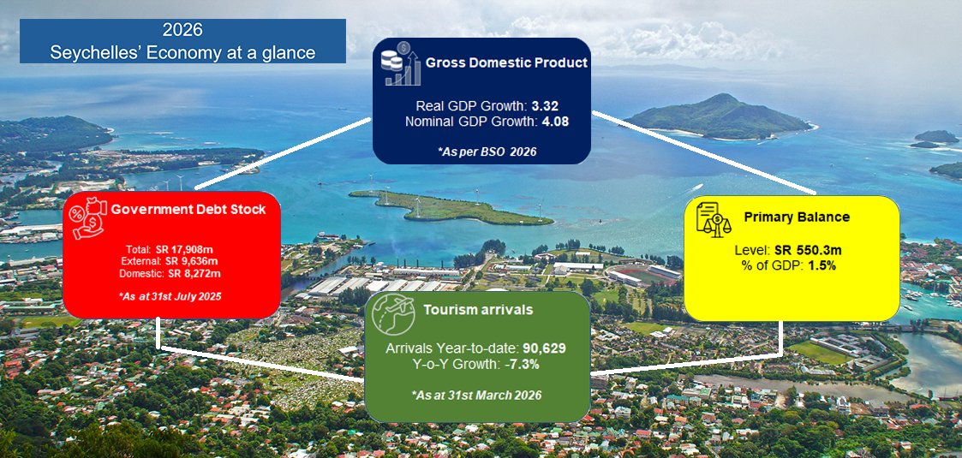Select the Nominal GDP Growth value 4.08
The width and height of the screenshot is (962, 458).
[555, 121]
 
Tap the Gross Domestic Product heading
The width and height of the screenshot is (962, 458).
[507, 62]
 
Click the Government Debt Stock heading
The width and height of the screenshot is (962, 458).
[188, 210]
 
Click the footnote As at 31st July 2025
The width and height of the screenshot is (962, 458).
[170, 296]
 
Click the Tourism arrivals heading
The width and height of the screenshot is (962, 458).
[478, 310]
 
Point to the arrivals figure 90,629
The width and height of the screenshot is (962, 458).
[544, 348]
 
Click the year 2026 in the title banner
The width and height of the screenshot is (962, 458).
[182, 29]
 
